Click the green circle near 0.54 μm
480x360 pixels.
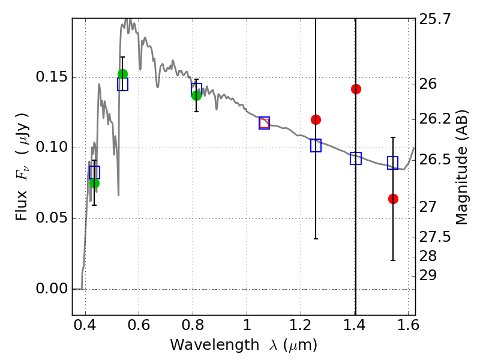click(122, 74)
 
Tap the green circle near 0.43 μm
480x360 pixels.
click(94, 183)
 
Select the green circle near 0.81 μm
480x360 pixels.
click(196, 95)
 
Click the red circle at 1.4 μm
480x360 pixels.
click(356, 89)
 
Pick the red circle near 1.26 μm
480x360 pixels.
click(316, 119)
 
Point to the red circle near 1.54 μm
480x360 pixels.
click(393, 199)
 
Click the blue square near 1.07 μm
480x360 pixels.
click(264, 123)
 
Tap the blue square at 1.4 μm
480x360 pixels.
click(356, 158)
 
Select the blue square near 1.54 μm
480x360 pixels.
click(393, 163)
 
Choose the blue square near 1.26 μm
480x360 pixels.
click(316, 145)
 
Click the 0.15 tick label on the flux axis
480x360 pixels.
click(52, 78)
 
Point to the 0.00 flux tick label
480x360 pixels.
click(52, 289)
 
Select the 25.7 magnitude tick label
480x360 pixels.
click(436, 19)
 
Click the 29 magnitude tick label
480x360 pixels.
click(430, 275)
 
